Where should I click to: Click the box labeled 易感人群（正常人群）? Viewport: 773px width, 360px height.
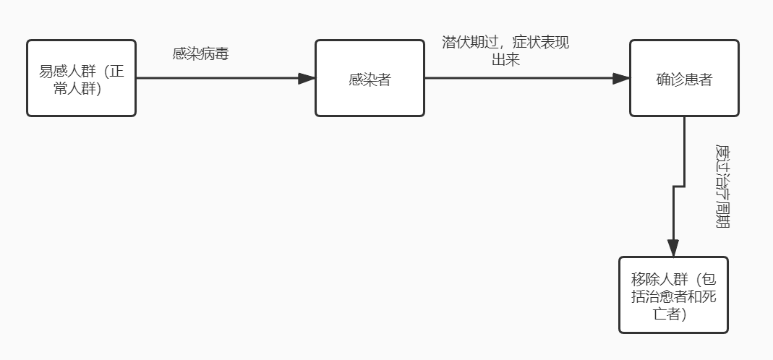81,78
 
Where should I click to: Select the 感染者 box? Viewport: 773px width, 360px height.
370,78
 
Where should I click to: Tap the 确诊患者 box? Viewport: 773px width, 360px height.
684,78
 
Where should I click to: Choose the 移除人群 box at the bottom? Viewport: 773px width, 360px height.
673,295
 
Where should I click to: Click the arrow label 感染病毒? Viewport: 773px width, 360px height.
200,53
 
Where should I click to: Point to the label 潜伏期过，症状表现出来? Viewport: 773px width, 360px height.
505,51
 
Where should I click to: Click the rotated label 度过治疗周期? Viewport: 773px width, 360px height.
722,185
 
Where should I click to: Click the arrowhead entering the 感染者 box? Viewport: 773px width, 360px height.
307,78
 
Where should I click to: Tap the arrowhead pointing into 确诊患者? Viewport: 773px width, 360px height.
621,78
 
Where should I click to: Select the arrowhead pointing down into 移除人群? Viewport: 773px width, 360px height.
673,249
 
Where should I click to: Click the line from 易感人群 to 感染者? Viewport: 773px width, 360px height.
217,78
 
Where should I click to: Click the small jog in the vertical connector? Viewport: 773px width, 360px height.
678,187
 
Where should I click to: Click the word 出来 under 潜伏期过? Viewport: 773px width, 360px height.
505,60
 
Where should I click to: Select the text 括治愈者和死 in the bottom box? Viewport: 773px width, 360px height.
673,296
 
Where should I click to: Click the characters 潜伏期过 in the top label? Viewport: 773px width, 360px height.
469,43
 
